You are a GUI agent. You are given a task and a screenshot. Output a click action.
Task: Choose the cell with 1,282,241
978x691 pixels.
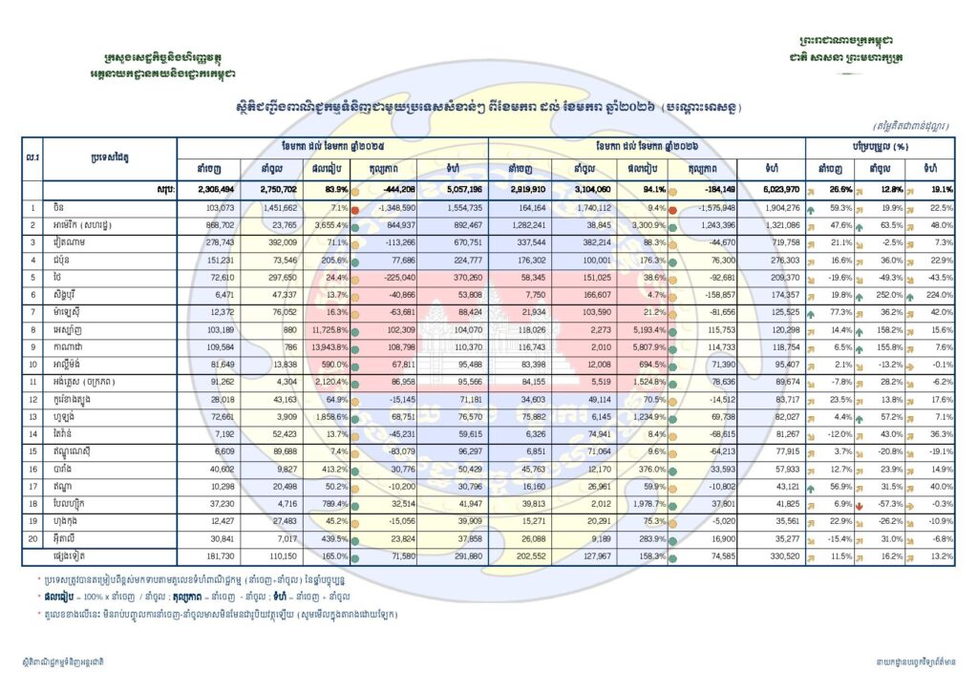click(520, 224)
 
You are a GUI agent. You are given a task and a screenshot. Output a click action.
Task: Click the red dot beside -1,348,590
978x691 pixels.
click(354, 207)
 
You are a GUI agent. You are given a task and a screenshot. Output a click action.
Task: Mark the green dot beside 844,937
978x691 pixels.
click(354, 224)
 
